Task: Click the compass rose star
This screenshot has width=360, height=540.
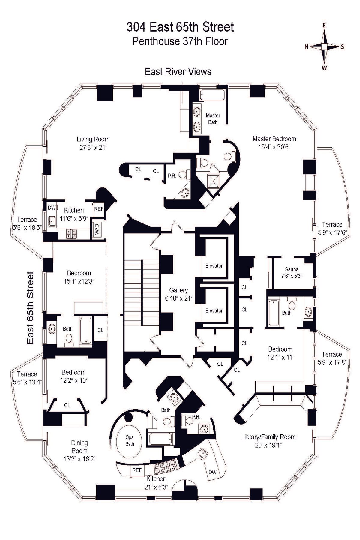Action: coord(325,46)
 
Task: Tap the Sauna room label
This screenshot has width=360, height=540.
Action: coord(292,269)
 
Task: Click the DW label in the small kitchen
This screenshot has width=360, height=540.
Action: coord(52,208)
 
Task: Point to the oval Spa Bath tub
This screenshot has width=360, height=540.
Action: coord(130,441)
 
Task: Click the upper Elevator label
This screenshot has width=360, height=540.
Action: coord(214,265)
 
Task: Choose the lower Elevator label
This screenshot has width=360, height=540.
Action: coord(214,310)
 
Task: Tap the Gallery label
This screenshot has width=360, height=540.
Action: coord(178,290)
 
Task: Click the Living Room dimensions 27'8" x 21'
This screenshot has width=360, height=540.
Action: coord(93,147)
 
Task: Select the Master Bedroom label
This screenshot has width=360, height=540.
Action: coord(274,139)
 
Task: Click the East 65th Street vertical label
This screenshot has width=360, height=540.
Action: coord(30,308)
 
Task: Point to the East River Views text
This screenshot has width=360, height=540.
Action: coord(178,72)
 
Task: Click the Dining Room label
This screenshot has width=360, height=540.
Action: coord(79,446)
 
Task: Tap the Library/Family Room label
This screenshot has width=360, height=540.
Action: coord(268,437)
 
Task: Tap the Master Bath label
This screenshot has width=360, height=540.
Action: coord(213,118)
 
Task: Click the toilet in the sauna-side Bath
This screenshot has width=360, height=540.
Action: coord(291,305)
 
